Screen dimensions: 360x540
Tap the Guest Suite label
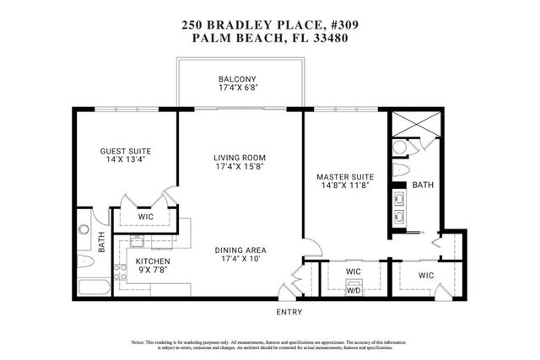point(126,152)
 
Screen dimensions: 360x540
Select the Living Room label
point(240,158)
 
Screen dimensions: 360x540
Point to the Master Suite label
point(343,177)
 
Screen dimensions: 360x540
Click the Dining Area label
point(240,250)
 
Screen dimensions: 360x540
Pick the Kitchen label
point(153,261)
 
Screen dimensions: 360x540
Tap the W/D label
point(353,292)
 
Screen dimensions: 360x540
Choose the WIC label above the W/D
point(354,271)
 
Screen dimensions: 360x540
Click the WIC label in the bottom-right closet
point(425,276)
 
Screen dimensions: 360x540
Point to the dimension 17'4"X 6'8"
point(238,87)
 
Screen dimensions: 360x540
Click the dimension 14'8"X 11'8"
point(343,187)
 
